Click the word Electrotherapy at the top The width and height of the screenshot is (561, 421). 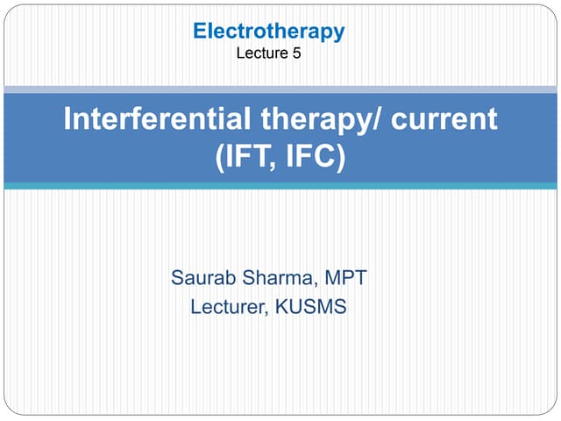click(269, 32)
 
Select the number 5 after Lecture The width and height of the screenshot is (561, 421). click(296, 54)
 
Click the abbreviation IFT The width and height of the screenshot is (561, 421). click(245, 159)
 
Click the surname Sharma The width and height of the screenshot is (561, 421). click(279, 279)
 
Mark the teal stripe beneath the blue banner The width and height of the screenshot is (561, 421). click(280, 185)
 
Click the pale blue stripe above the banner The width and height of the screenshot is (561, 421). click(280, 89)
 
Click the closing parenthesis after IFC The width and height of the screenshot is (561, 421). click(339, 160)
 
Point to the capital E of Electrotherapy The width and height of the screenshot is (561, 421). click(199, 32)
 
